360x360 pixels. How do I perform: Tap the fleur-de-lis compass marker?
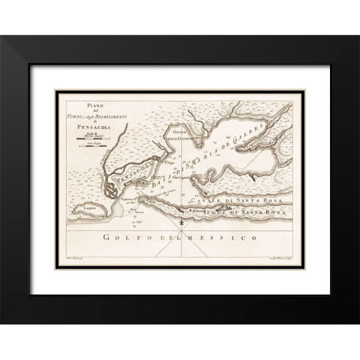click(x=183, y=222)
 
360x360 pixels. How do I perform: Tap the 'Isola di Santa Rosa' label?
click(x=238, y=211)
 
